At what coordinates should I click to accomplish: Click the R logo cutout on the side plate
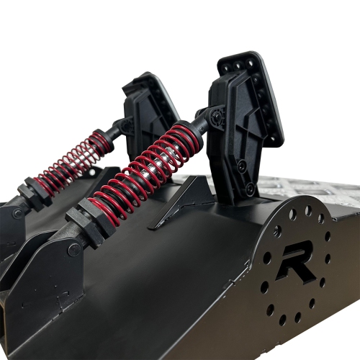pos(296,262)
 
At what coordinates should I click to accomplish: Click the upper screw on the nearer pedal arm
pos(241,164)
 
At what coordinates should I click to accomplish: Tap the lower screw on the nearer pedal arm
pos(250,186)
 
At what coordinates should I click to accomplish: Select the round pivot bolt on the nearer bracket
pos(74,250)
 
